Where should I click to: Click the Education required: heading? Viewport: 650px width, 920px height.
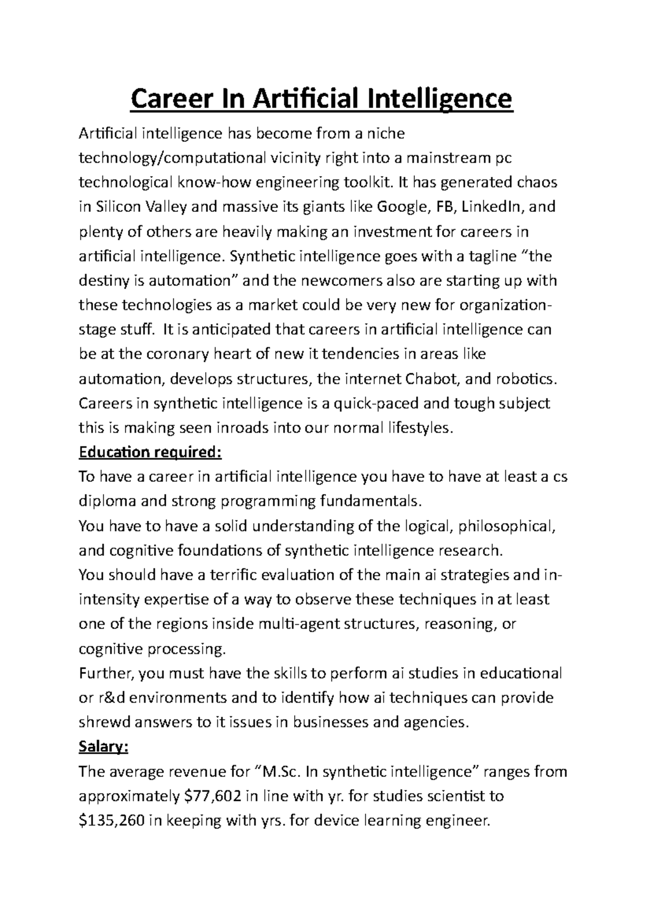tap(150, 452)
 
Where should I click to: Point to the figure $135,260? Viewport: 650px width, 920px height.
tap(111, 820)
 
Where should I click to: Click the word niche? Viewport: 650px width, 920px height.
tap(386, 133)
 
